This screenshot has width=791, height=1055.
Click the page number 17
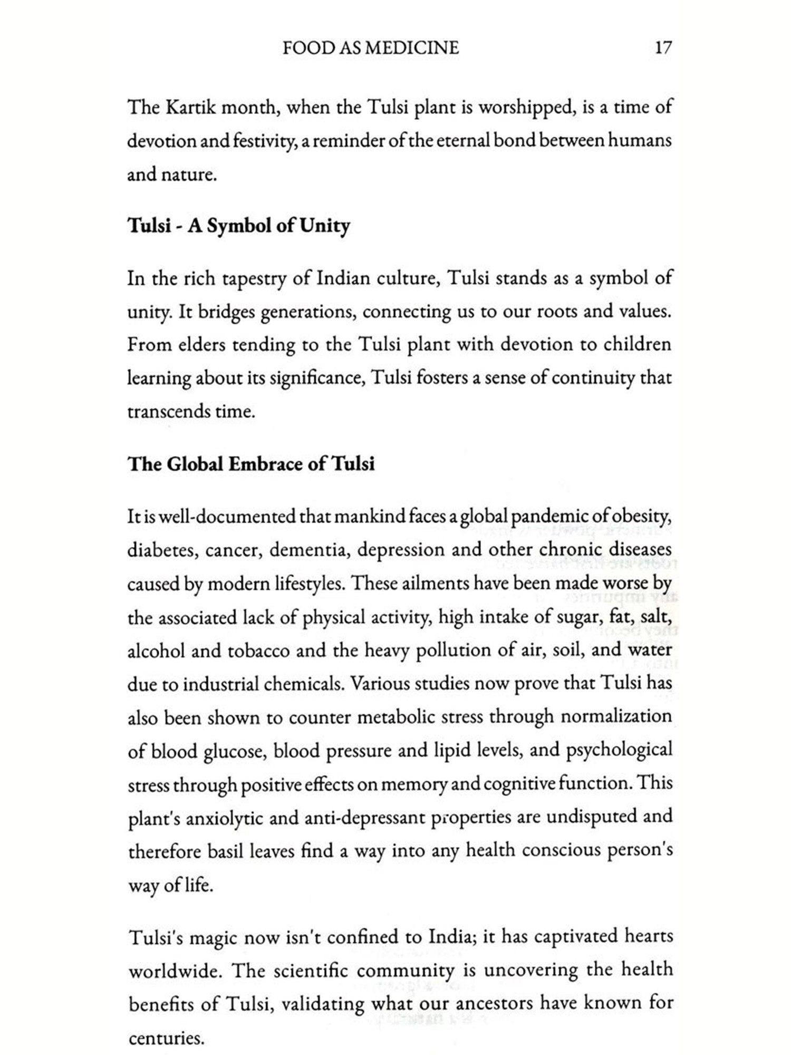tap(663, 48)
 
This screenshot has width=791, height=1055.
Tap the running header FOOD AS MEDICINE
tap(370, 48)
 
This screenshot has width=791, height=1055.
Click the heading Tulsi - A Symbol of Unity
tap(239, 226)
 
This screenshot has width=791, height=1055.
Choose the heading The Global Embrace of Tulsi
tap(251, 464)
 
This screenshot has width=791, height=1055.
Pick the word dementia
tap(310, 550)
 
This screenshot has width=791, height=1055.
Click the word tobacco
tap(258, 651)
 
